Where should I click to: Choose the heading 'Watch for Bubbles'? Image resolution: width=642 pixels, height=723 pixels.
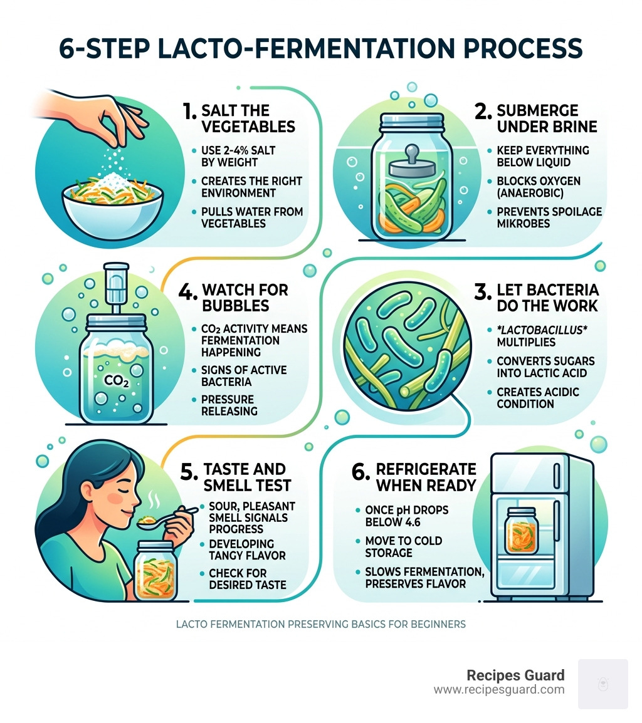point(245,298)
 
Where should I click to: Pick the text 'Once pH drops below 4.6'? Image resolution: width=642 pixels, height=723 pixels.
point(407,517)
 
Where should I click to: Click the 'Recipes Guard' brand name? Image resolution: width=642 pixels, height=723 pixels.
point(515,675)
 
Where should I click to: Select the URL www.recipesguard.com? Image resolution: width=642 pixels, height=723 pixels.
point(499,690)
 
